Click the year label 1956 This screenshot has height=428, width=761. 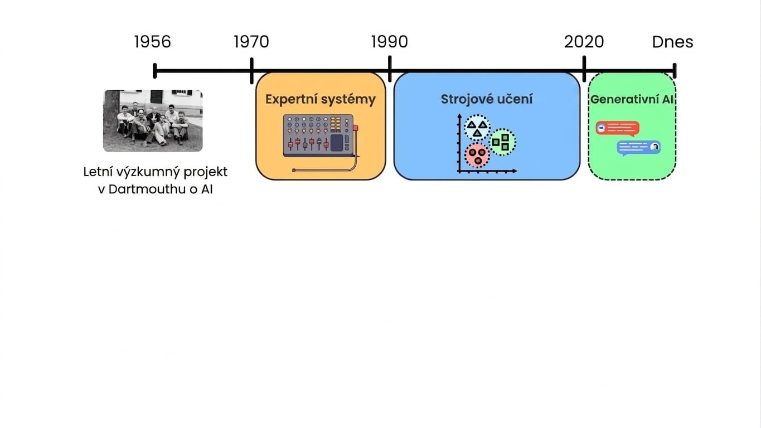(x=153, y=42)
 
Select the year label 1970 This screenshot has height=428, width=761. (x=251, y=42)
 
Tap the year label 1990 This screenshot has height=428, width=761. (x=389, y=42)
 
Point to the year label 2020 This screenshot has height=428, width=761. (x=584, y=42)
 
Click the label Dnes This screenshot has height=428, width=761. (x=673, y=42)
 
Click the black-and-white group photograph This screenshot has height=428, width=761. (x=153, y=120)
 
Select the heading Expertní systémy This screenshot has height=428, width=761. (x=321, y=99)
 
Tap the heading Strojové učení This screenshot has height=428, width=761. (x=487, y=99)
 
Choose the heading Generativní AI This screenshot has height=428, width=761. (x=632, y=99)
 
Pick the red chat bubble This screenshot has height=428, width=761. (x=618, y=128)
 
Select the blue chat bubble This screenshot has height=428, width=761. (x=639, y=148)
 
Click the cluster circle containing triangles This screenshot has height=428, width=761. (x=477, y=128)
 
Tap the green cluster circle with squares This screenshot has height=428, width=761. (x=502, y=142)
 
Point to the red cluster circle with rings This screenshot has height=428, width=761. (x=477, y=155)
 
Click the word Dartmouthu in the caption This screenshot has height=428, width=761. (x=147, y=189)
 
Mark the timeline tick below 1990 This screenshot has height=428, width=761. (x=390, y=69)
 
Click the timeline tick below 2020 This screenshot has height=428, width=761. (x=584, y=69)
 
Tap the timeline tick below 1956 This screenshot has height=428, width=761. (x=155, y=71)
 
